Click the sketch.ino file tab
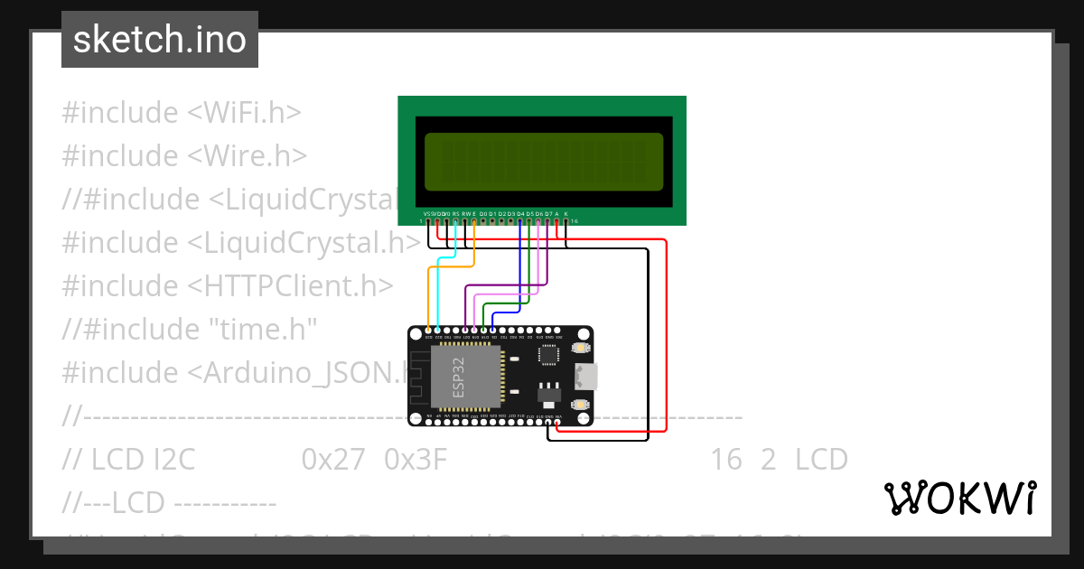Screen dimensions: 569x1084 [160, 40]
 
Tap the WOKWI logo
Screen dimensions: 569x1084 [959, 498]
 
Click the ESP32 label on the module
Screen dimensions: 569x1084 [458, 377]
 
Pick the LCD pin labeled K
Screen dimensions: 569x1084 [566, 219]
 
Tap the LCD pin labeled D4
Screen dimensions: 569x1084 [520, 219]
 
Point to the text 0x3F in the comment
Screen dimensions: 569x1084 [416, 460]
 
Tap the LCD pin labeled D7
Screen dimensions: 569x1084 [547, 219]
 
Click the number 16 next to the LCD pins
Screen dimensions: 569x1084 [575, 221]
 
